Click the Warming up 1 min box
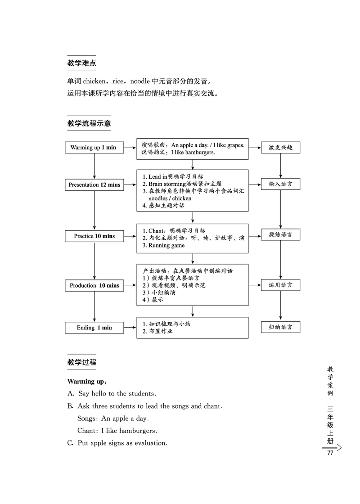(94, 148)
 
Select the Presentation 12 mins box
(94, 184)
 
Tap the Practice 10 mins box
(94, 236)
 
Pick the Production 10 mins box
(94, 285)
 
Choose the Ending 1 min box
(94, 328)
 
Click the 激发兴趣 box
(280, 148)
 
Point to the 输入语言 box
(280, 184)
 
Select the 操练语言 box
(280, 235)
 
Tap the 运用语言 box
(280, 285)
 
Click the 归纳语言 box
(280, 327)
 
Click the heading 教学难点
(81, 63)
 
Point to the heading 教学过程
(81, 362)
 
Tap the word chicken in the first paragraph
(94, 81)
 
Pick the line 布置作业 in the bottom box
(161, 332)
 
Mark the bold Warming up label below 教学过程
(86, 382)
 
